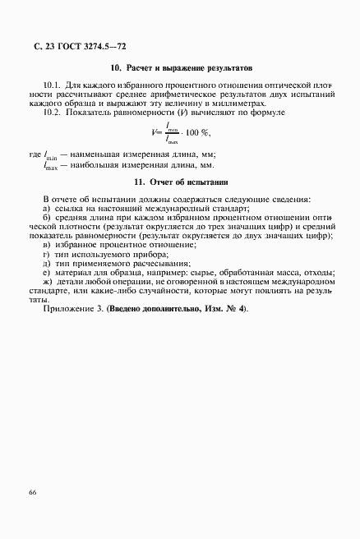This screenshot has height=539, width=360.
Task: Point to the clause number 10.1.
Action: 52,85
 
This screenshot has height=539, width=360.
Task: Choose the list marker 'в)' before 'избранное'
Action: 47,245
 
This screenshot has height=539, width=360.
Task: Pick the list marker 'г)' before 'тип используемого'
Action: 46,254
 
